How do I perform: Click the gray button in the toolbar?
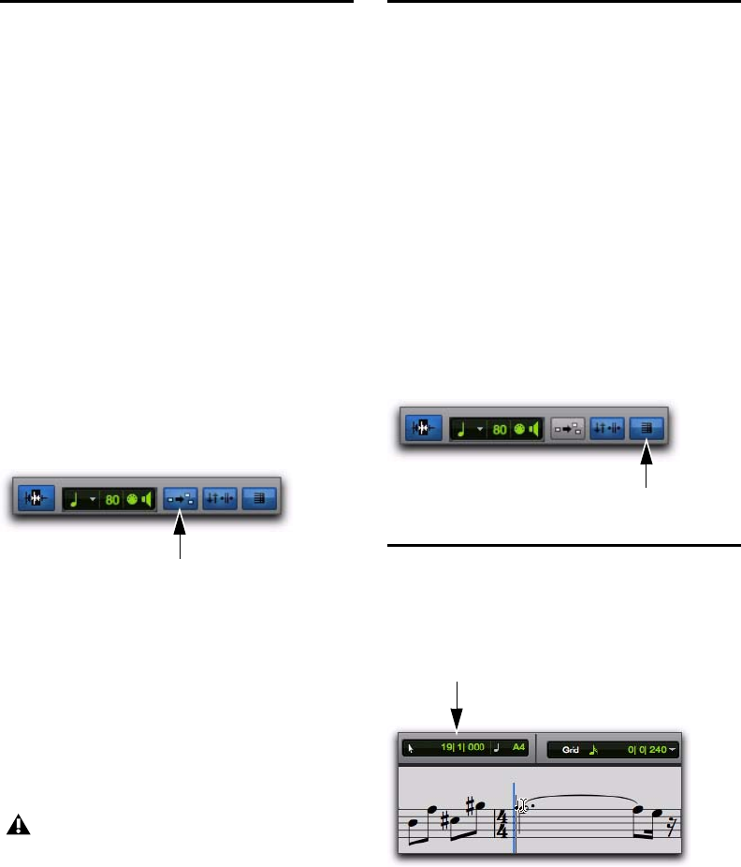[568, 429]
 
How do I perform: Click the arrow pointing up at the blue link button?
[181, 538]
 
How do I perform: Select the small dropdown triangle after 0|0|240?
[673, 750]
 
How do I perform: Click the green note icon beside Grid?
[592, 749]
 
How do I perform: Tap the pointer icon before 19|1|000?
[410, 749]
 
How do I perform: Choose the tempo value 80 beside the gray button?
[501, 429]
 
